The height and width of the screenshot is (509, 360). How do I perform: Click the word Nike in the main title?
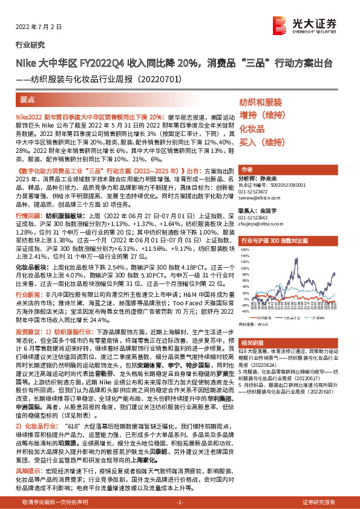[25, 63]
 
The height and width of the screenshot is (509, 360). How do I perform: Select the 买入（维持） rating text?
[265, 143]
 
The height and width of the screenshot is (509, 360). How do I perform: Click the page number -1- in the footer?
[180, 502]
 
